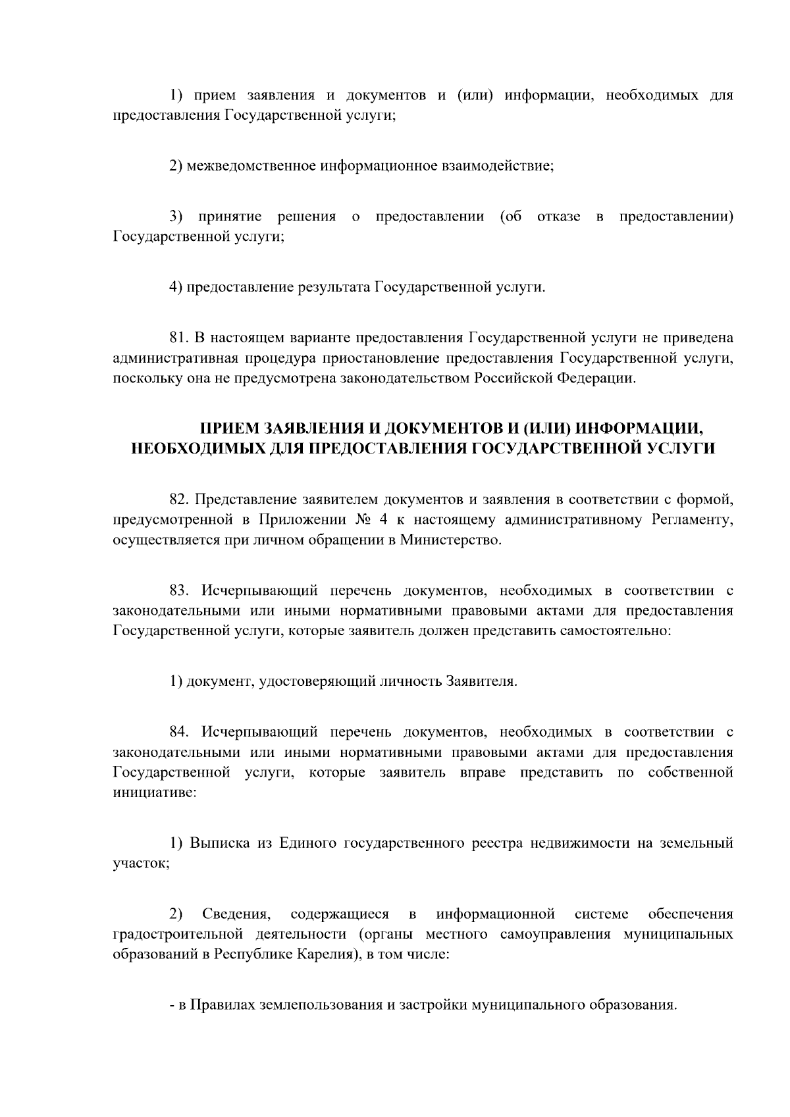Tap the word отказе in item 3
(x=558, y=217)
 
